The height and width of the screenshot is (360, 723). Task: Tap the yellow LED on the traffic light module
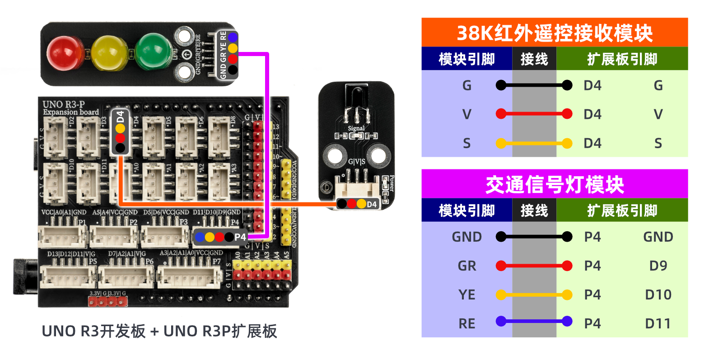click(x=109, y=53)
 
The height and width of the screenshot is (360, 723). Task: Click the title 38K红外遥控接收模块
click(x=554, y=33)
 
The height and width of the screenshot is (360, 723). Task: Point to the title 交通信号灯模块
click(x=554, y=184)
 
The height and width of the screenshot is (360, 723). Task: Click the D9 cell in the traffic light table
click(x=658, y=266)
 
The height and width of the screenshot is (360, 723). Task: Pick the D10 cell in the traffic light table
click(x=658, y=295)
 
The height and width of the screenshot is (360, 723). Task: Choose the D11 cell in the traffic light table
click(x=658, y=323)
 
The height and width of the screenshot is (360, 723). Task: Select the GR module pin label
click(x=466, y=266)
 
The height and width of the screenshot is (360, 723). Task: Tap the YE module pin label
click(x=466, y=295)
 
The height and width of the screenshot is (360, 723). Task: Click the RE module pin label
click(x=466, y=323)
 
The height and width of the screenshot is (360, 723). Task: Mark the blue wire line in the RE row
click(x=534, y=321)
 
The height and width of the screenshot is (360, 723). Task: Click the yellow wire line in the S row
click(x=534, y=143)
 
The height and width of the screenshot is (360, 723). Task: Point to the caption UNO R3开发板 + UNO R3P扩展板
click(x=159, y=331)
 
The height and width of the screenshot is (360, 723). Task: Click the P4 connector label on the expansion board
click(x=240, y=237)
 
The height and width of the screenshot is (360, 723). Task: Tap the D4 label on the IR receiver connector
click(x=371, y=204)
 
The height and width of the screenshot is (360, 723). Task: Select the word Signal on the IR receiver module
click(x=356, y=128)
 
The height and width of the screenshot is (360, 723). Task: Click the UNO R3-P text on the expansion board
click(x=64, y=104)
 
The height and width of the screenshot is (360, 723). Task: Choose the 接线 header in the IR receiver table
click(x=534, y=59)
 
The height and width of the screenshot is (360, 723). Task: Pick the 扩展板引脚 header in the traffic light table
click(x=622, y=210)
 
